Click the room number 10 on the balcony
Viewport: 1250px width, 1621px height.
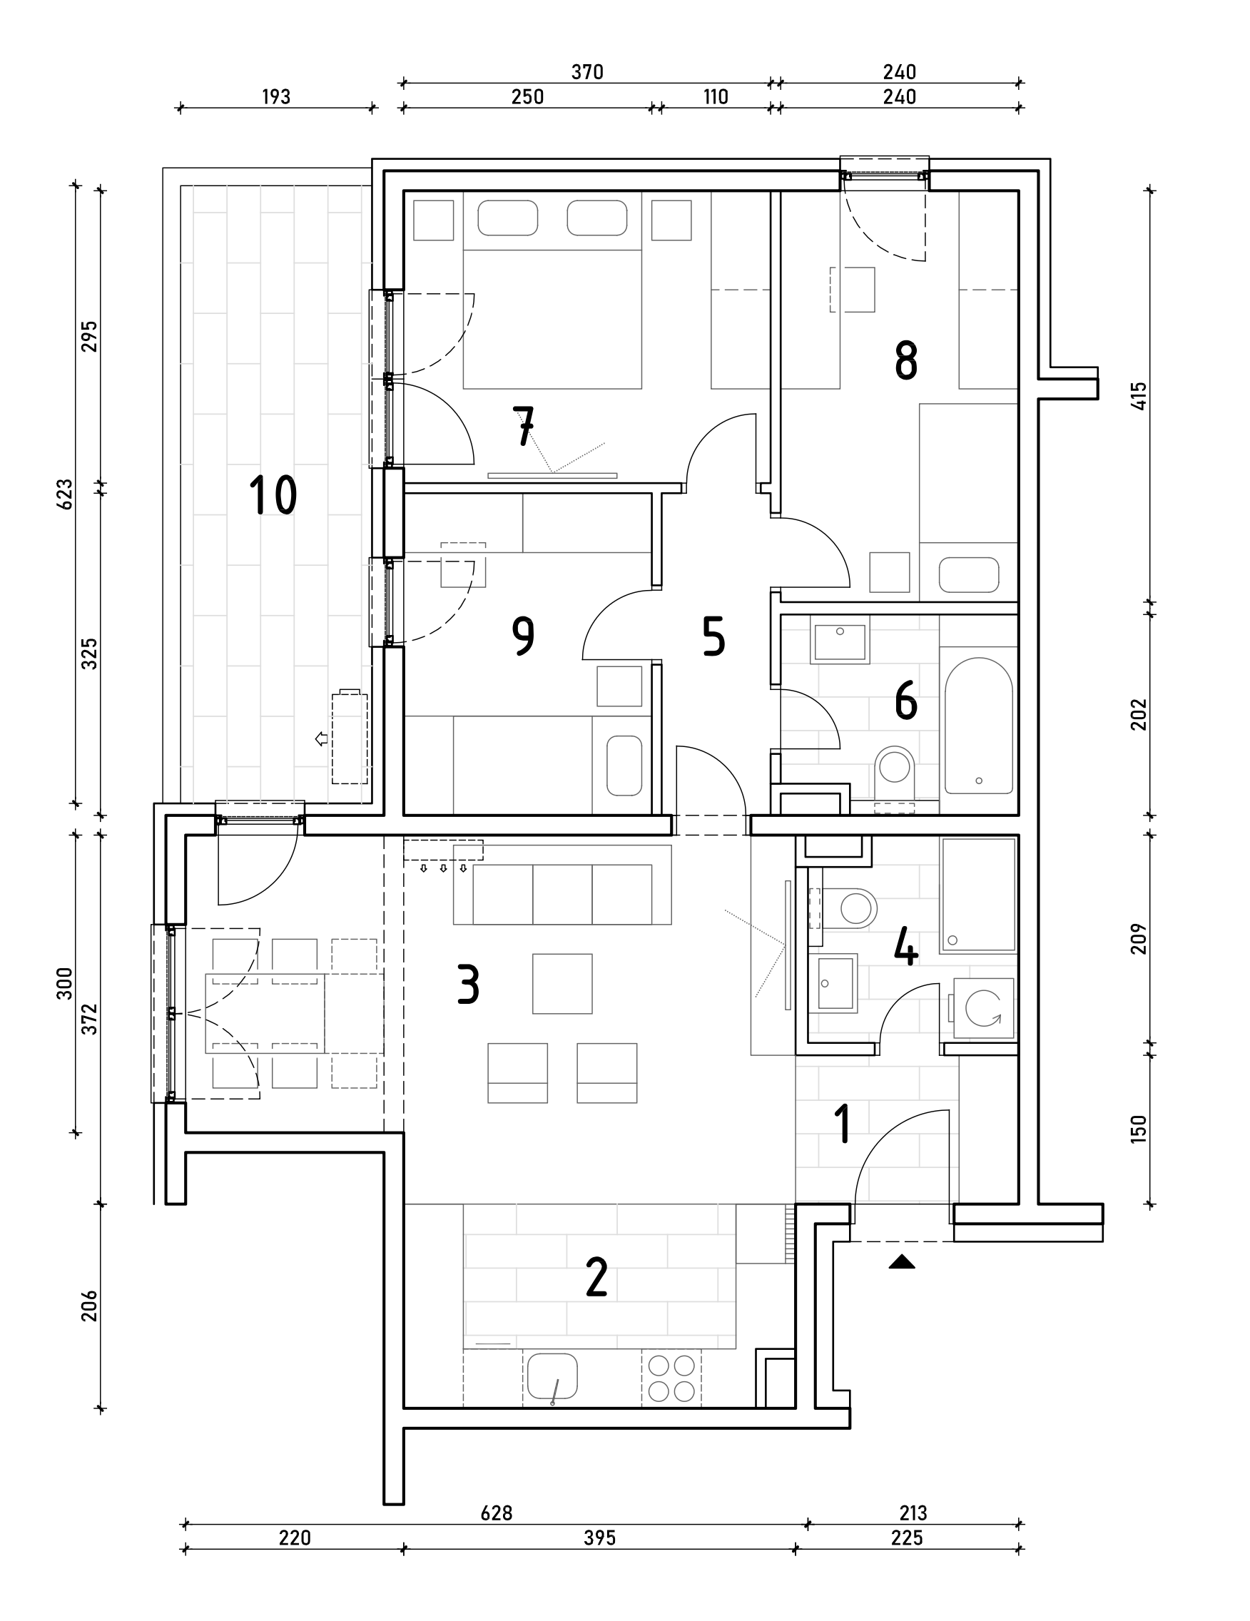coord(273,496)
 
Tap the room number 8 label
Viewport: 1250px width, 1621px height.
coord(905,362)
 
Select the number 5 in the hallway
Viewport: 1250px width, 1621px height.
coord(713,637)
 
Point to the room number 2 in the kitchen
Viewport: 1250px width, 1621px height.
coord(596,1277)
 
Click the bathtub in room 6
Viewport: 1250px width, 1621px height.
coord(978,725)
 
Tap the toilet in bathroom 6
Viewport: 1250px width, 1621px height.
coord(895,768)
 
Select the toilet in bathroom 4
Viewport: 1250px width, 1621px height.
coord(852,907)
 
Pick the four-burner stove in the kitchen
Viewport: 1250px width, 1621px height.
coord(671,1378)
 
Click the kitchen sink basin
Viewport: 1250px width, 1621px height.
coord(552,1375)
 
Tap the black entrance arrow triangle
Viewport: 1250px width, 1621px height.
coord(902,1261)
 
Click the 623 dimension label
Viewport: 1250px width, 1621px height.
coord(66,494)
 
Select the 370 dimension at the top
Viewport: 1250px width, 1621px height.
coord(587,72)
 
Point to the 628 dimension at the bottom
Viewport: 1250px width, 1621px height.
coord(496,1513)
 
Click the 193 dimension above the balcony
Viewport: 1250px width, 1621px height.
coord(276,97)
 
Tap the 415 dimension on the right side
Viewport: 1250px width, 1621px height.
coord(1139,395)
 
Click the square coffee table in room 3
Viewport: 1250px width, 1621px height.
coord(562,983)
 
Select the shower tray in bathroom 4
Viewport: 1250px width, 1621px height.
coord(977,895)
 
